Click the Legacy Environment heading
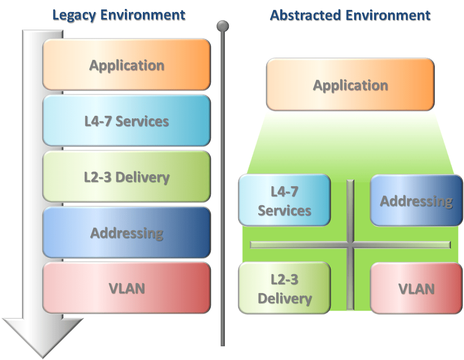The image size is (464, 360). point(119,14)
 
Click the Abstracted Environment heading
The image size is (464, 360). point(350,14)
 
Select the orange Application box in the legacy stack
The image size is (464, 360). point(126,65)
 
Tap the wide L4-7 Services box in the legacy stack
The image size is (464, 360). point(126,121)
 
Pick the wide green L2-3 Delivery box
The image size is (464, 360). point(126,177)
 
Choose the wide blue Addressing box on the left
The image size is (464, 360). point(126,233)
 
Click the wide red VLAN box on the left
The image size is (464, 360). point(126,288)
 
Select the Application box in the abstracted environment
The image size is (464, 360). point(350,85)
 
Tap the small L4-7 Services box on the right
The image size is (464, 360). point(284,200)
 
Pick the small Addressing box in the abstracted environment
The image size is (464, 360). point(416,200)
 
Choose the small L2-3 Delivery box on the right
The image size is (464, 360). point(284,289)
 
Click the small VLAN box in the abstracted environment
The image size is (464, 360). point(416,288)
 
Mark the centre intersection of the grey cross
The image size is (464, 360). point(350,245)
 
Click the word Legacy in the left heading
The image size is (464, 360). point(75,14)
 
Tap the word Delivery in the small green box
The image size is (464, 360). point(284,299)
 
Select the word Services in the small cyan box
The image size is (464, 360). point(284,210)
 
